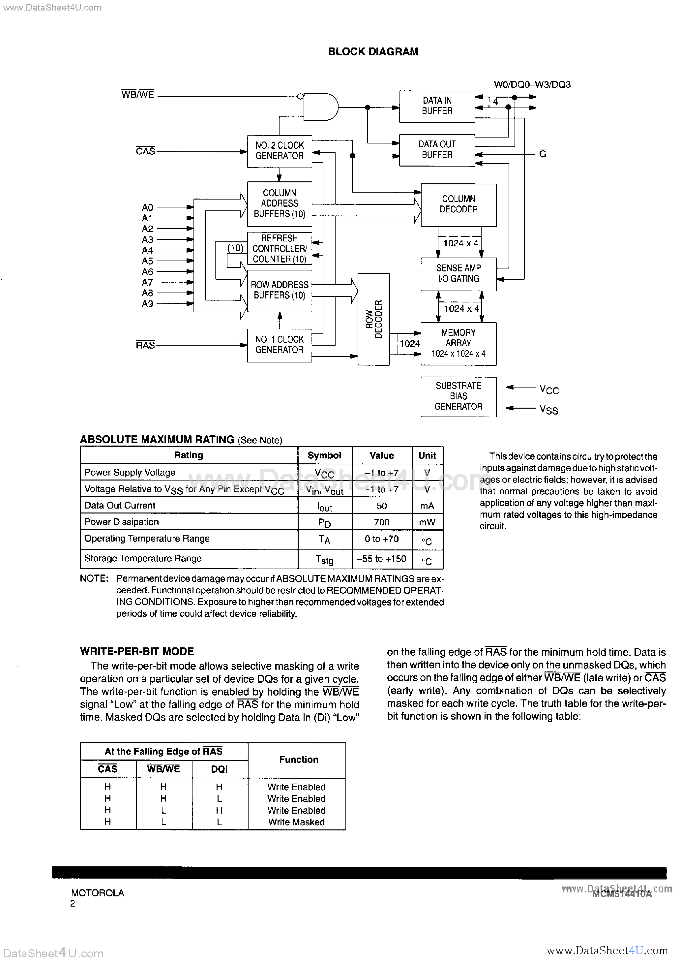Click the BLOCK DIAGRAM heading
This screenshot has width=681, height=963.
(373, 51)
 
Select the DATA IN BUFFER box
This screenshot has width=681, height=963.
(437, 106)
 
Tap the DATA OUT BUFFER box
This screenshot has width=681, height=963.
(437, 150)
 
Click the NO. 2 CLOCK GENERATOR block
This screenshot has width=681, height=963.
(279, 151)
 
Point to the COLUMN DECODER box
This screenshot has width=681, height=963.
(458, 205)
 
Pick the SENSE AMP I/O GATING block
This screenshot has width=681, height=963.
(458, 273)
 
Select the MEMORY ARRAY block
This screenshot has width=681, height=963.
(458, 343)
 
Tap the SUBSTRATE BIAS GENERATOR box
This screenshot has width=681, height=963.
(458, 396)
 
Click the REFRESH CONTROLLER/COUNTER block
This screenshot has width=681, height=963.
(279, 248)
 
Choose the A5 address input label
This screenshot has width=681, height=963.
(147, 261)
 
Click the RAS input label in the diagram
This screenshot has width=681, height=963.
(145, 345)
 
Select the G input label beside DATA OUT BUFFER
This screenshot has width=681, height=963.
(543, 154)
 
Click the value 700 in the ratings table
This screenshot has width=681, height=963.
(382, 522)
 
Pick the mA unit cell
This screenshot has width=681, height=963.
(427, 506)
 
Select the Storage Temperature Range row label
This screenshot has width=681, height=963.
(143, 558)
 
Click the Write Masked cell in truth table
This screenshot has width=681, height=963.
(296, 822)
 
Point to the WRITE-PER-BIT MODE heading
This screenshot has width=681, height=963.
(137, 651)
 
